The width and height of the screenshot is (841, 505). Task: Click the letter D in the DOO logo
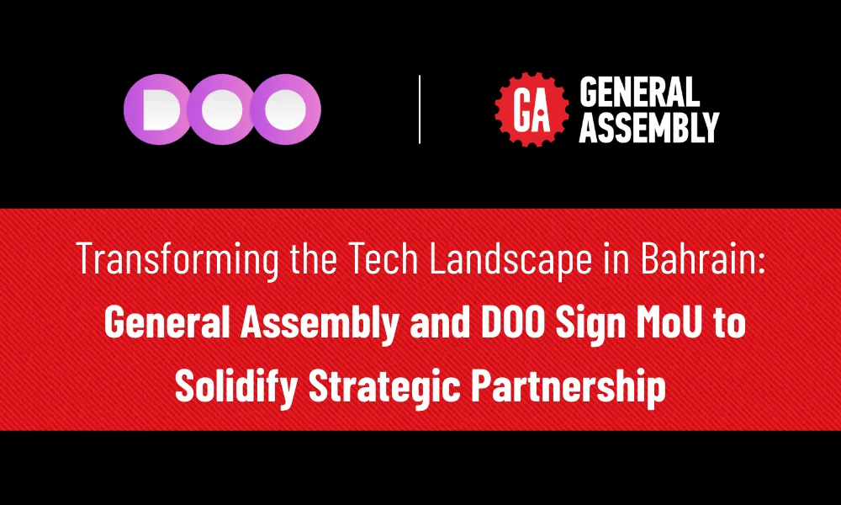157,109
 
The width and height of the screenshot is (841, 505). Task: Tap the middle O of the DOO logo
221,109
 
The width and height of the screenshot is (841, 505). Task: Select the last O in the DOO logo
286,109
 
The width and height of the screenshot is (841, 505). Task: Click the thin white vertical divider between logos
419,109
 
